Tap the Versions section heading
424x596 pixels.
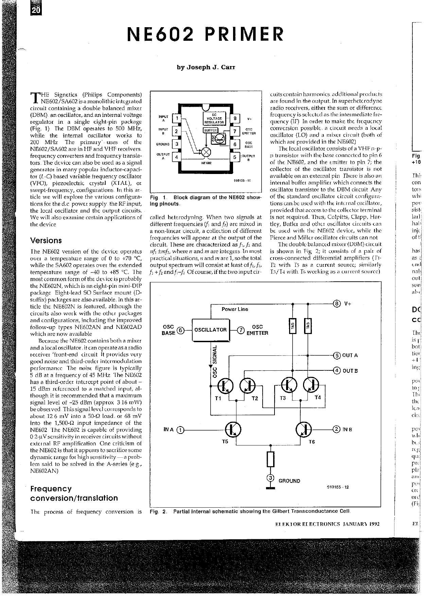(46, 241)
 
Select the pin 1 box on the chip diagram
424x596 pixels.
(177, 118)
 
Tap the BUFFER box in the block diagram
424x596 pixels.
(211, 130)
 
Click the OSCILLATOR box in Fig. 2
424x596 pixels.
(211, 330)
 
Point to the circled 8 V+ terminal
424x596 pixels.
(336, 304)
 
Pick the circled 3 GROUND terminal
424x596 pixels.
(270, 478)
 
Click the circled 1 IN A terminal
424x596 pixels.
(181, 430)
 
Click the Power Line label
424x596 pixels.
(235, 309)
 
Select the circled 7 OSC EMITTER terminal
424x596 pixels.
(240, 330)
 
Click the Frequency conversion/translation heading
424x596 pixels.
(74, 493)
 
